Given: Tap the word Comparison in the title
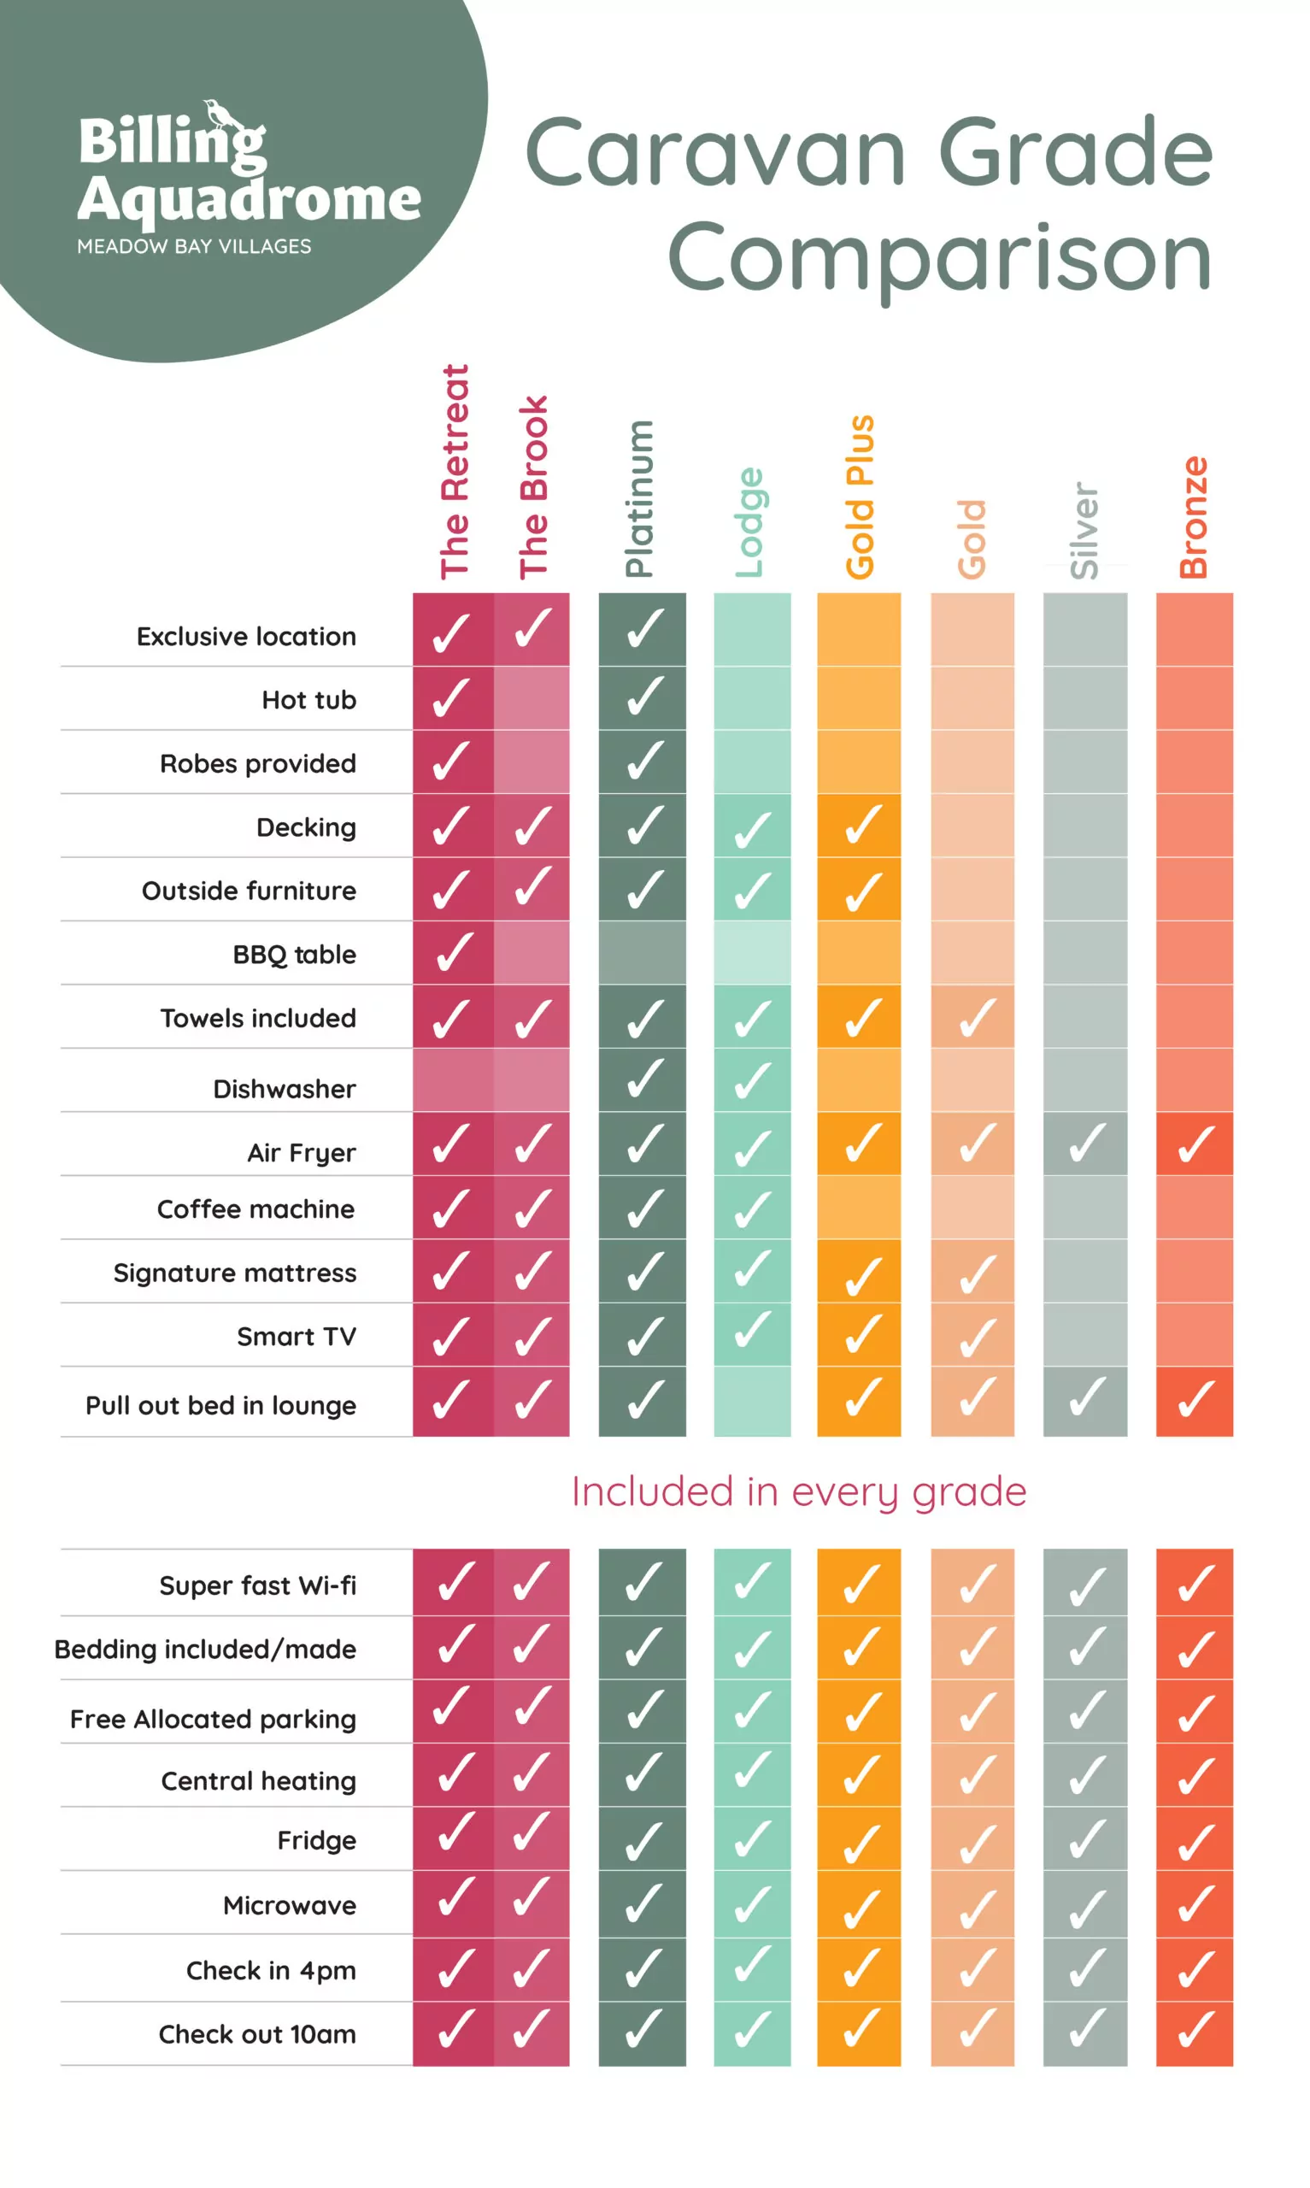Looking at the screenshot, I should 939,258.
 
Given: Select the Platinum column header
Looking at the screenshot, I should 639,498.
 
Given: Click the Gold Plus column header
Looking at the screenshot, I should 860,497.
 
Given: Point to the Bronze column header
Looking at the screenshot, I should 1194,517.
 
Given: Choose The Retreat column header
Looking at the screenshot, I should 455,472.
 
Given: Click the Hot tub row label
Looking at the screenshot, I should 309,700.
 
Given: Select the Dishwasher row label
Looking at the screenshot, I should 285,1089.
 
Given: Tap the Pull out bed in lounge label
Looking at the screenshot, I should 220,1405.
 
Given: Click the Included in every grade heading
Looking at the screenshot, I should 799,1491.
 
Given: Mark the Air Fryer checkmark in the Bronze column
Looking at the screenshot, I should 1195,1144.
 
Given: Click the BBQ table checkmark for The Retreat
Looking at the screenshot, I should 452,952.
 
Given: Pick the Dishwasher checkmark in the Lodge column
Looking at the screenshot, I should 752,1080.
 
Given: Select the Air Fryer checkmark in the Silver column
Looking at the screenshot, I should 1086,1143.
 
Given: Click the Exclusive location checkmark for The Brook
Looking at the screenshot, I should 532,628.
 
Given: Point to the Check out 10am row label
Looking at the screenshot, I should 257,2034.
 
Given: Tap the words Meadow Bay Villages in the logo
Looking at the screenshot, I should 194,246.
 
